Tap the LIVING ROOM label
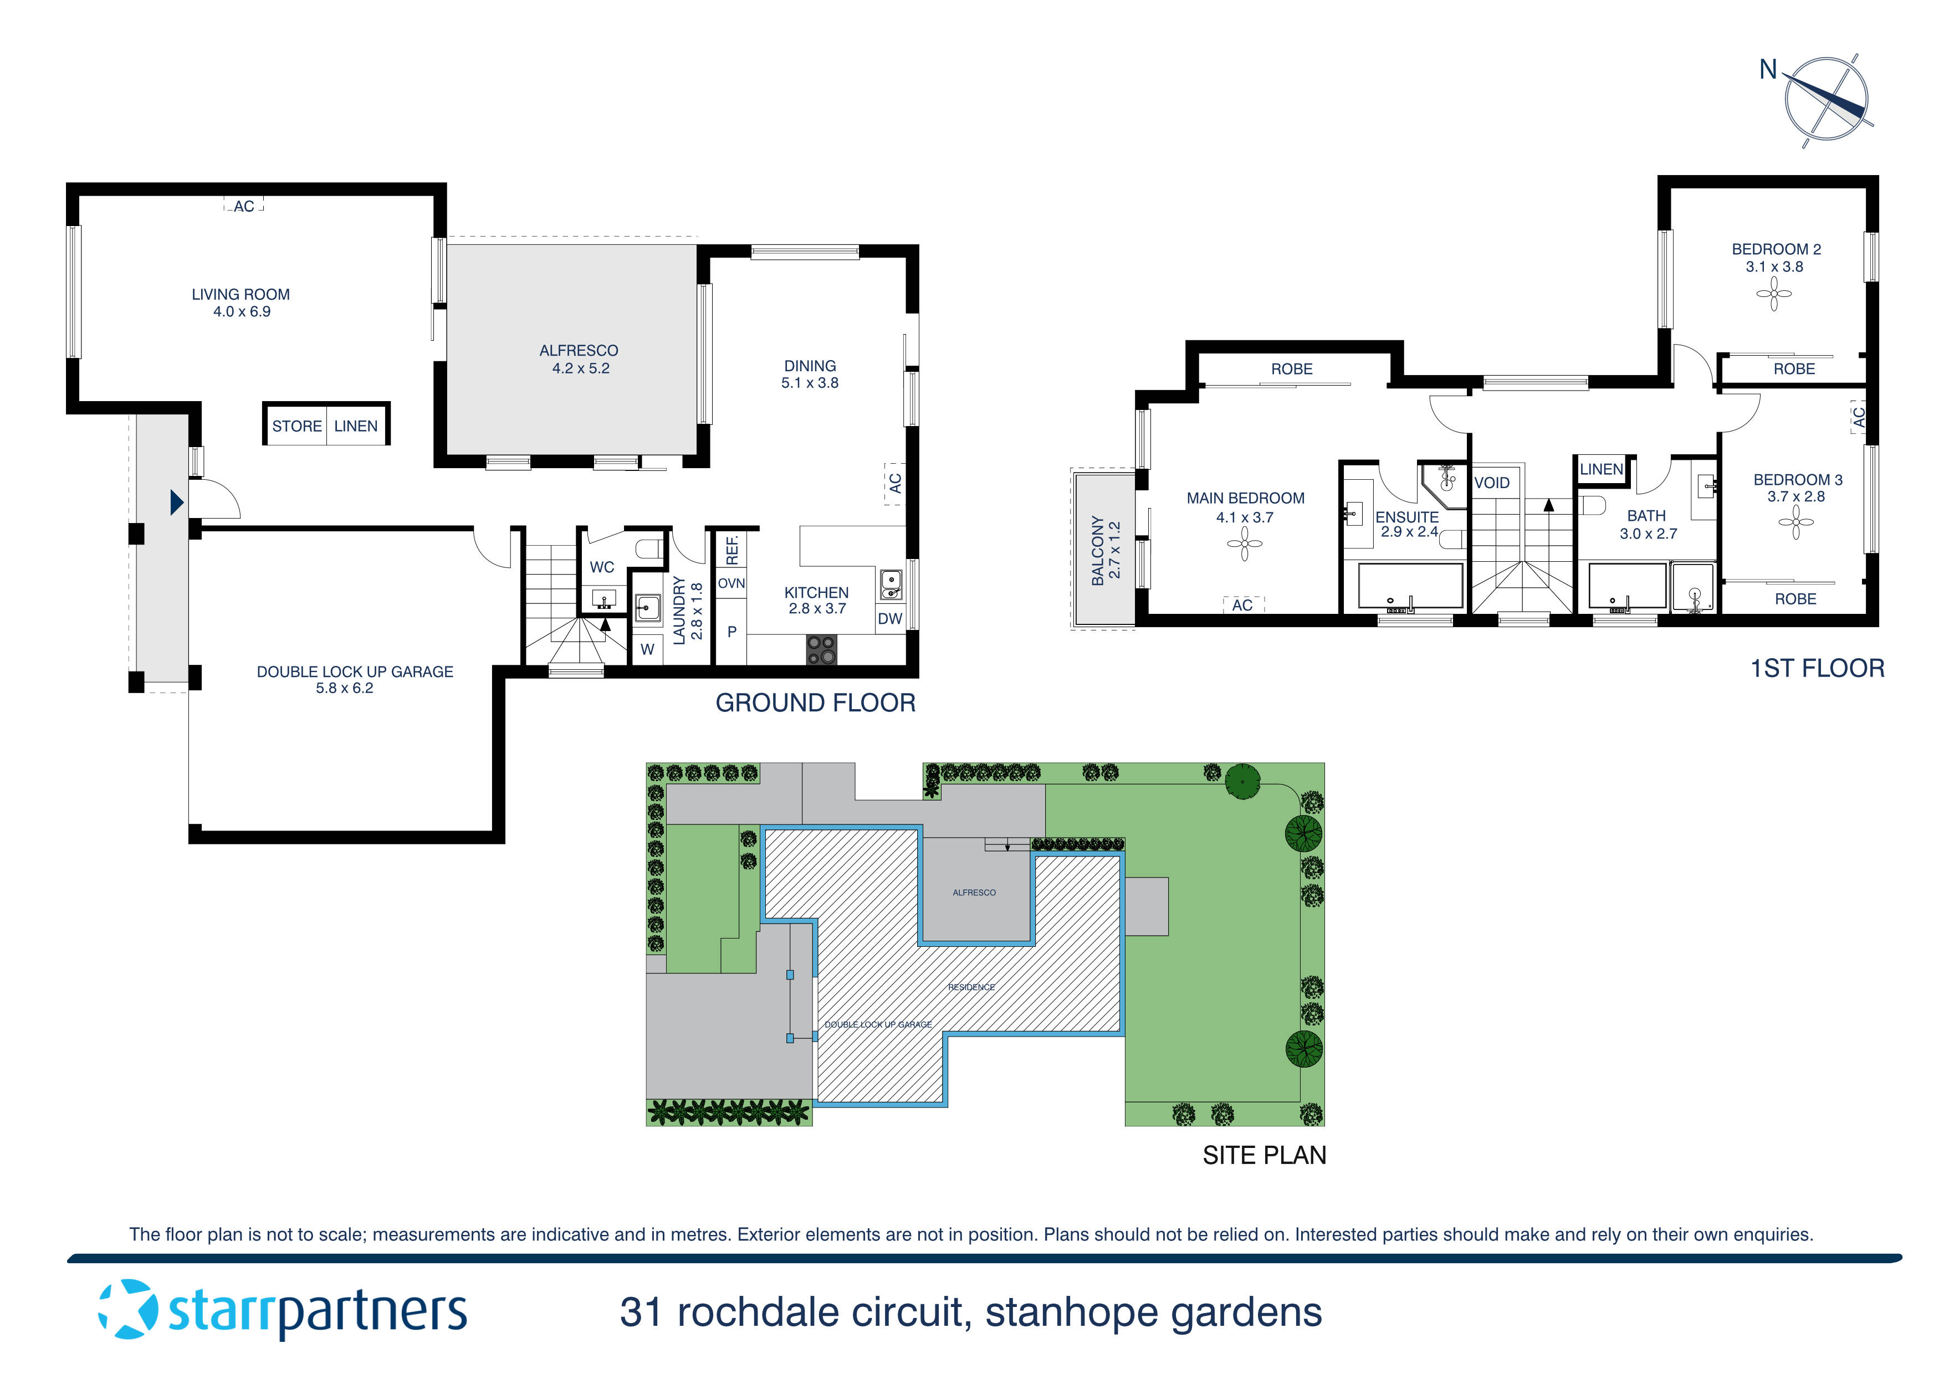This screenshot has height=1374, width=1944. click(x=241, y=295)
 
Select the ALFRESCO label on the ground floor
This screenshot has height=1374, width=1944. click(x=579, y=351)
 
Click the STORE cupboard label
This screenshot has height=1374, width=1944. click(x=296, y=426)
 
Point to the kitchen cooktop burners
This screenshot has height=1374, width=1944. click(x=821, y=650)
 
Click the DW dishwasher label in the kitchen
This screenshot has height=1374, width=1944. click(x=890, y=619)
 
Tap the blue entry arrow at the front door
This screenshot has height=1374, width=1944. click(x=176, y=503)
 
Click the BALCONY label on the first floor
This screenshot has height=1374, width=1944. click(x=1097, y=550)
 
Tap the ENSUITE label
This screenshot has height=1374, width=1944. click(x=1406, y=516)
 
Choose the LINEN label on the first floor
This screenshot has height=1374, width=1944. click(x=1600, y=469)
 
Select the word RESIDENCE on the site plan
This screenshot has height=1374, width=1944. click(x=971, y=987)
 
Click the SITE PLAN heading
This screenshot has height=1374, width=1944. click(x=1264, y=1155)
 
